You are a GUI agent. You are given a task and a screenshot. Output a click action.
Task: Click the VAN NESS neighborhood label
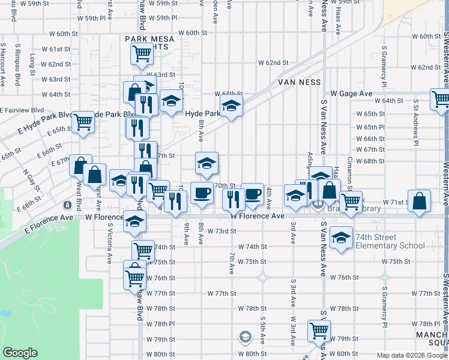click(x=299, y=82)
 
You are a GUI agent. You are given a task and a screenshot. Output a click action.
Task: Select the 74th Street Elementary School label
click(x=390, y=241)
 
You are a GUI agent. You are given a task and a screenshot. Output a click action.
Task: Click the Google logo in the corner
click(x=20, y=353)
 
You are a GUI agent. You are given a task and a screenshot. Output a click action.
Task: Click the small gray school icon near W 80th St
click(x=245, y=337)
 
